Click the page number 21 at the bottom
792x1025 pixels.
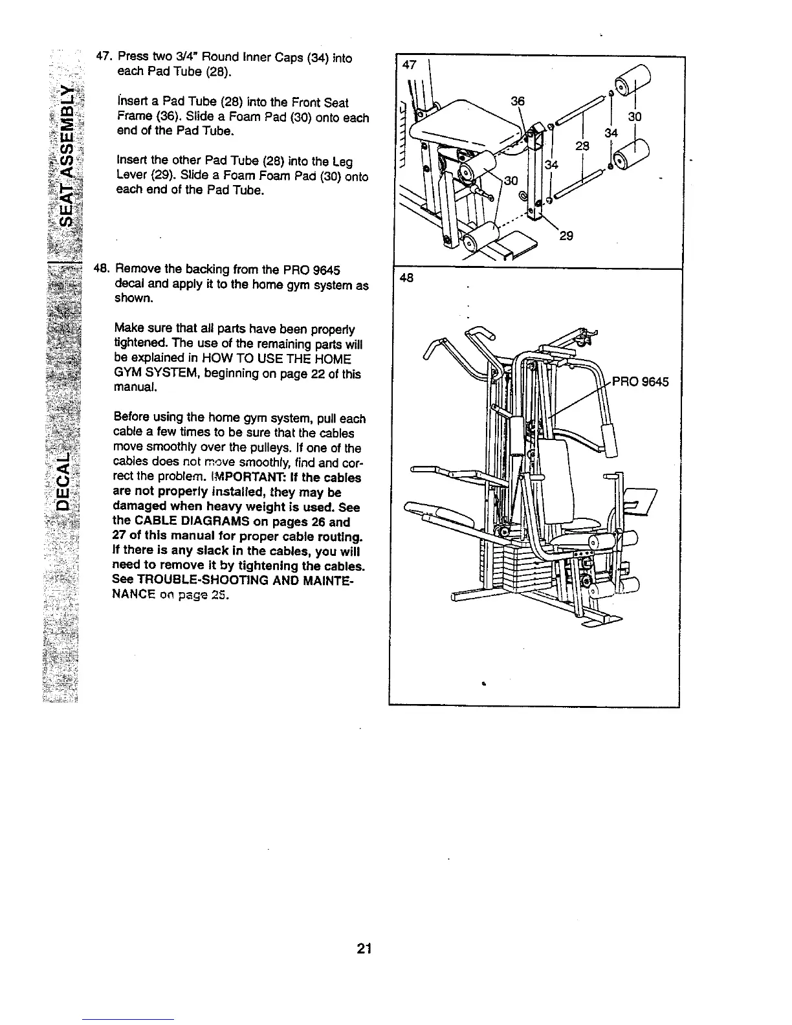363,950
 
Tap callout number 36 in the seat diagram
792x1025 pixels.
518,101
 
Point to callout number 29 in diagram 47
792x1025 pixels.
566,237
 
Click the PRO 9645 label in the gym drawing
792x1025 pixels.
641,381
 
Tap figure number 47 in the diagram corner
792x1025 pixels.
408,65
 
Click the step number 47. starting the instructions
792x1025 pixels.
104,58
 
